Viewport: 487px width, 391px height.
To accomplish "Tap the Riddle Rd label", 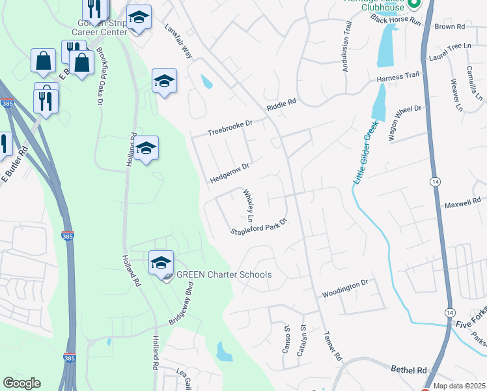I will point(281,104).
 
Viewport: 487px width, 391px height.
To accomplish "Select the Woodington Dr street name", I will point(345,287).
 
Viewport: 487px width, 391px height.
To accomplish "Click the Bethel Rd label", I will point(408,369).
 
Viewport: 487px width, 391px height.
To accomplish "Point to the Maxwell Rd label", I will point(462,205).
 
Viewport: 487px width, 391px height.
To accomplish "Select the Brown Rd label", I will point(449,27).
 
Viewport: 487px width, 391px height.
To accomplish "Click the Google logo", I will point(21,383).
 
